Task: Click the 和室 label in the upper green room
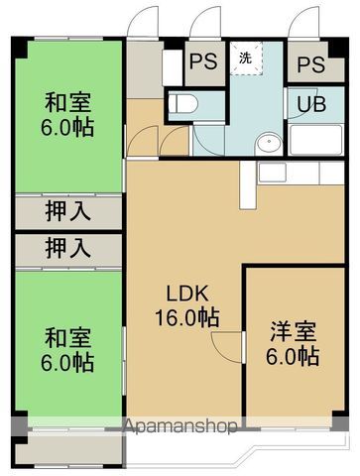66,102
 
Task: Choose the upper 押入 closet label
67,210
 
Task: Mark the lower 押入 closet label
67,247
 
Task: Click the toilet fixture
183,103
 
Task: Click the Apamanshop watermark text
179,426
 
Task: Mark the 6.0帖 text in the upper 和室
66,127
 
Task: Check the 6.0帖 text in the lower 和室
66,363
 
